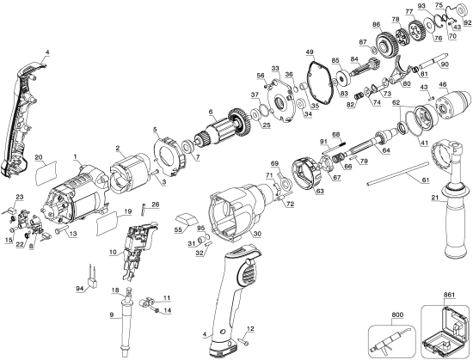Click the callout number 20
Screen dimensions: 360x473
point(39,157)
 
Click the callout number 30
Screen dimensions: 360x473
point(257,234)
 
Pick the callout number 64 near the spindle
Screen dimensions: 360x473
point(386,151)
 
